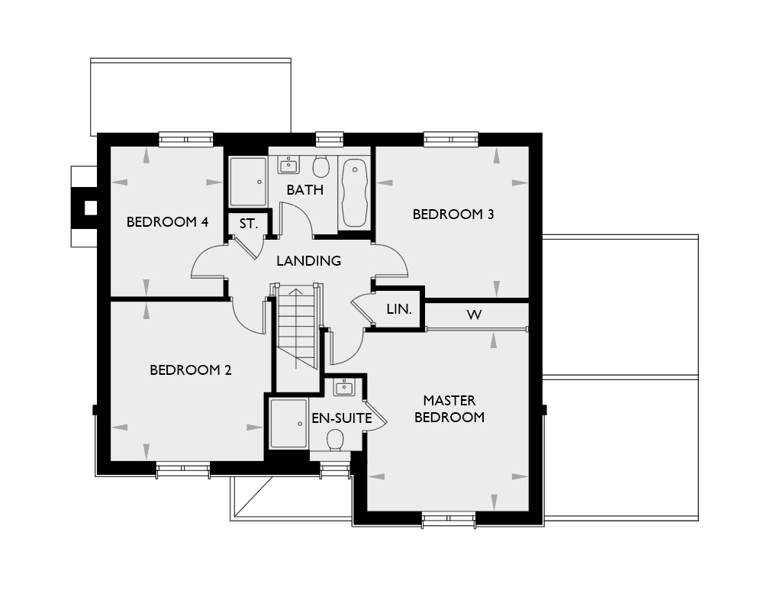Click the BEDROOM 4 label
[167, 222]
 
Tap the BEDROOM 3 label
[453, 215]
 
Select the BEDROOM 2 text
[191, 370]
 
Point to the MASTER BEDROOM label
[449, 409]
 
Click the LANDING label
[309, 261]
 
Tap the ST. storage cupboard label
[249, 224]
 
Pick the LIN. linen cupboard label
[399, 309]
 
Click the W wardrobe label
[474, 315]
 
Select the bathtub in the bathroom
[355, 193]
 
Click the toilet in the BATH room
[321, 166]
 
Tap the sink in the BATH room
[289, 164]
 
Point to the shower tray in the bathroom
[248, 182]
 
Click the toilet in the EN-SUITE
[335, 440]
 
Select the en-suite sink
[345, 387]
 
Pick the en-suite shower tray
[288, 424]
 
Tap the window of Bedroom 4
[186, 140]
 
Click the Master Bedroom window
[449, 519]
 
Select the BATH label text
[305, 190]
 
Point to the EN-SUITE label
[342, 418]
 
